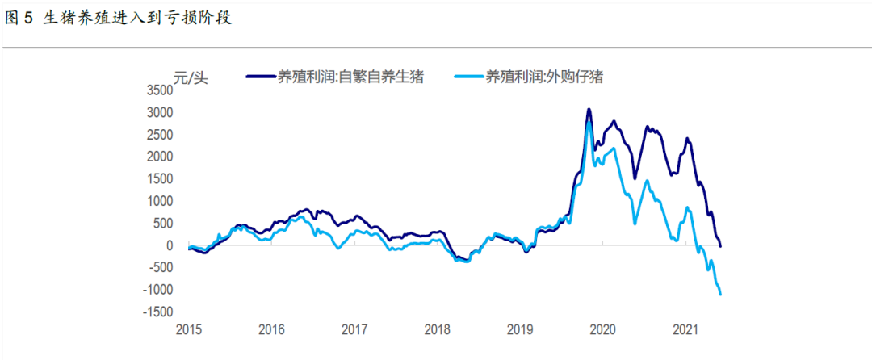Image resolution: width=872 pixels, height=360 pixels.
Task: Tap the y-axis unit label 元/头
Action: coord(191,78)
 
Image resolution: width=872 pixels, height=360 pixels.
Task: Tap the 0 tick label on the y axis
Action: coord(170,245)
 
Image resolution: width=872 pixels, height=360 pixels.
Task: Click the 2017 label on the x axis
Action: coord(354,329)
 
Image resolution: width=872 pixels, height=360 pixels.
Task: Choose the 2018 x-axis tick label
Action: coord(437,329)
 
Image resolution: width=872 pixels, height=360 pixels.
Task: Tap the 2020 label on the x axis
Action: coord(602,329)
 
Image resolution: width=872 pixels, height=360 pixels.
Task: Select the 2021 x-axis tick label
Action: coord(685,329)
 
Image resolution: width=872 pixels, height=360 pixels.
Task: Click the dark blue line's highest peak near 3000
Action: coord(589,109)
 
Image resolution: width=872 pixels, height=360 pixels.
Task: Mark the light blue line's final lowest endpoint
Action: coord(720,295)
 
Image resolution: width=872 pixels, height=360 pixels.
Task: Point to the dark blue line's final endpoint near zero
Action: coord(721,245)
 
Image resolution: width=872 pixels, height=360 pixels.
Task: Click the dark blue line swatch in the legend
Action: coord(260,77)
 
